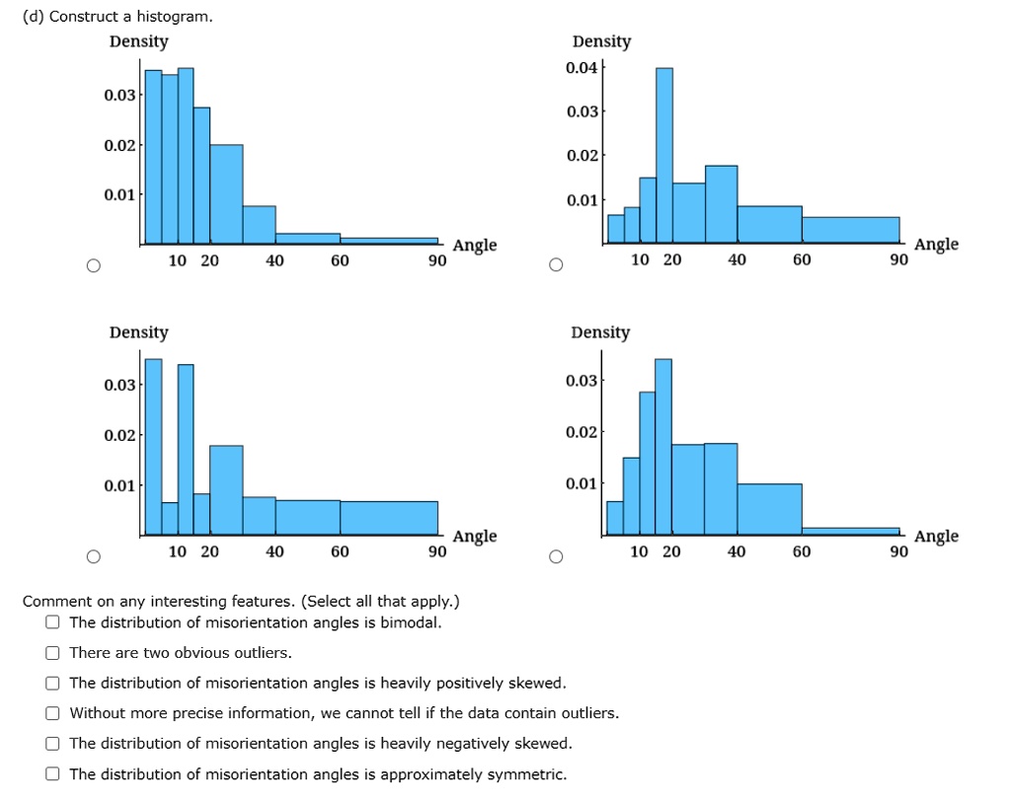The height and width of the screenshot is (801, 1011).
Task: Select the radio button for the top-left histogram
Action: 93,265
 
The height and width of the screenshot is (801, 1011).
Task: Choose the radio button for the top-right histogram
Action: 556,265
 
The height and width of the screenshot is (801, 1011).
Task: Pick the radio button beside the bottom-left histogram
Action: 93,557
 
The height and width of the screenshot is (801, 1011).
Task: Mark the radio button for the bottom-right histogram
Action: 556,557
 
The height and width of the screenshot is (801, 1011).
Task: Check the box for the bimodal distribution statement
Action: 52,622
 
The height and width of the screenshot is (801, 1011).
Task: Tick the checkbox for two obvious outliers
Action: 52,653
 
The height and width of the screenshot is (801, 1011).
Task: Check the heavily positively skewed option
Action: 52,684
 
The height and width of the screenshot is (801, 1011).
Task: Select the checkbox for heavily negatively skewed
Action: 52,744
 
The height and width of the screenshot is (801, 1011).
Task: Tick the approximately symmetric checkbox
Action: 52,774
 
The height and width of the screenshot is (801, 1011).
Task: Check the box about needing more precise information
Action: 52,713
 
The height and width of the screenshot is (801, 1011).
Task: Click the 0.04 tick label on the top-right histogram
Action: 581,67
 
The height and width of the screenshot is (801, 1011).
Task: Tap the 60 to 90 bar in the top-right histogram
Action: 850,230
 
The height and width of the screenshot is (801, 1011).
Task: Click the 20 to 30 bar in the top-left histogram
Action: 226,194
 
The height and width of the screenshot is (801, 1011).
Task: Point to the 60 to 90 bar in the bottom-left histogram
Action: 388,518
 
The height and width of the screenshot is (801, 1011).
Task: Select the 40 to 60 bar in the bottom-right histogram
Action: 769,509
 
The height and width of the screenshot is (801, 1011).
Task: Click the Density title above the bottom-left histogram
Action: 138,332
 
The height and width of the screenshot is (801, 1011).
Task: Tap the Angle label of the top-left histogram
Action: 475,246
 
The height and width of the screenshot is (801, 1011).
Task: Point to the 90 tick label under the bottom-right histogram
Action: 897,552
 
